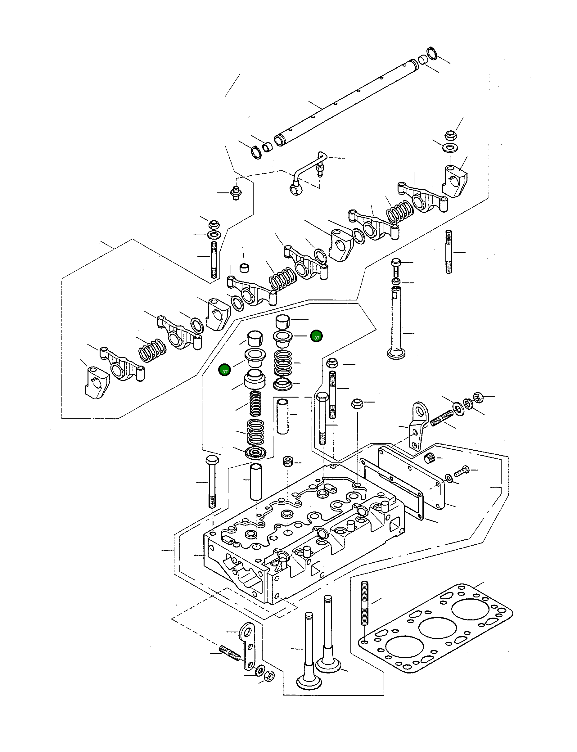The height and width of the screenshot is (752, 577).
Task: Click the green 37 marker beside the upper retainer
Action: [x=316, y=337]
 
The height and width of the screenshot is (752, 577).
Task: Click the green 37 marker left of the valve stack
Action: [x=225, y=371]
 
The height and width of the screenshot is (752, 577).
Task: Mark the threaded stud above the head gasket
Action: [x=364, y=603]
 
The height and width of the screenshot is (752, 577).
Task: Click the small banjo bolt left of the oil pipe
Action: [x=236, y=193]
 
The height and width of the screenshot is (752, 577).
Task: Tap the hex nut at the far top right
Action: [x=450, y=134]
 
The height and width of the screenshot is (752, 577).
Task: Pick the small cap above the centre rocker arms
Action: [x=244, y=268]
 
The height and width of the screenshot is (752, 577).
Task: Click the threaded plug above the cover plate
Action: [x=429, y=458]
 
